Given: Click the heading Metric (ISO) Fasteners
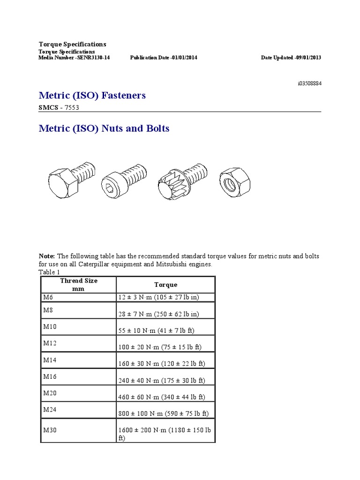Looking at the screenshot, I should (x=92, y=96).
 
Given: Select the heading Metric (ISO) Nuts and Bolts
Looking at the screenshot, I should (x=104, y=128).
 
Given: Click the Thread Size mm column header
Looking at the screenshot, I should (x=78, y=285).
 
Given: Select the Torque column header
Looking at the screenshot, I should (x=165, y=285).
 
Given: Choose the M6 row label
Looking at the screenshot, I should (x=49, y=297).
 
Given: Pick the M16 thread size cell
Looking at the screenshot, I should (x=50, y=376).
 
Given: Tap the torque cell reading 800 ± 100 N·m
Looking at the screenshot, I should (x=164, y=414).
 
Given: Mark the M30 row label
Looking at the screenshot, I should (x=50, y=430).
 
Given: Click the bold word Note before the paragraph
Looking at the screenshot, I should (x=46, y=256).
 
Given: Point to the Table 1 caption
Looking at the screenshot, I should (x=49, y=272).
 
